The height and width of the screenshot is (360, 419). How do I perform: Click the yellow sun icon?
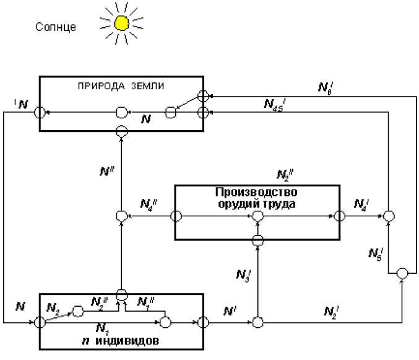pos(121,24)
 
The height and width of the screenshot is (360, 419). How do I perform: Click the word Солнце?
pos(56,27)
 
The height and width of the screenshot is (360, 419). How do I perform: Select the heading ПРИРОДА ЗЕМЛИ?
pos(121,84)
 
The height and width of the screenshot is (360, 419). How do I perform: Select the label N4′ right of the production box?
pos(362,203)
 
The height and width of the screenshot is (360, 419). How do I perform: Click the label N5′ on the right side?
pos(376,253)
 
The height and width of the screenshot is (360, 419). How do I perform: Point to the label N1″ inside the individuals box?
pos(147,303)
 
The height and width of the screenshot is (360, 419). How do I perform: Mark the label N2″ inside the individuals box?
pos(100,303)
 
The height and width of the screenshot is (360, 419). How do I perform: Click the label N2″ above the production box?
pos(285,174)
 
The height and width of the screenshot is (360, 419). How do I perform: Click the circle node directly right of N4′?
pos(388,216)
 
